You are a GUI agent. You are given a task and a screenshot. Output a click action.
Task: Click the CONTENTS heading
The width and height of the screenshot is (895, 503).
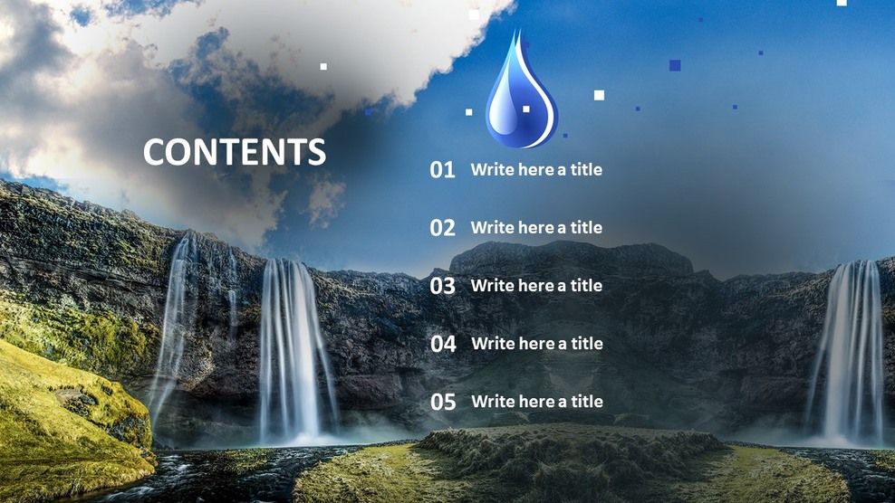pos(234,152)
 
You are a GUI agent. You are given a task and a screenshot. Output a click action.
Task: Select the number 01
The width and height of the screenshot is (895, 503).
pos(442,170)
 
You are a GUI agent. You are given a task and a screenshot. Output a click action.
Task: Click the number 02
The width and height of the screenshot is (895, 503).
pos(442,228)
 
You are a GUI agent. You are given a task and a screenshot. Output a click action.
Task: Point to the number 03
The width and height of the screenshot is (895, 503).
pos(442,286)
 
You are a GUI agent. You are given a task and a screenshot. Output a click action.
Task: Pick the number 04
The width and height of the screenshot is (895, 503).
pos(443,344)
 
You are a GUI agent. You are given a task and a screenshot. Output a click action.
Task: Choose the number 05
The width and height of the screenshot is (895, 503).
pos(443,402)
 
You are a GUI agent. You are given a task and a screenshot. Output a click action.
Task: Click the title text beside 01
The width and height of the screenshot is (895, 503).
pos(536,169)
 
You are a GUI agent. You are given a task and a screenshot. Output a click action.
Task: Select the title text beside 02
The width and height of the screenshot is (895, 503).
pos(536,227)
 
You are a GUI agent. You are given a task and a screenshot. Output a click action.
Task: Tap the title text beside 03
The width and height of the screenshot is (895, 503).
pos(536,285)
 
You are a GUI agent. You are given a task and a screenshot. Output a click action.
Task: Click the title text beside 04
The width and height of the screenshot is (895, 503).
pos(537,343)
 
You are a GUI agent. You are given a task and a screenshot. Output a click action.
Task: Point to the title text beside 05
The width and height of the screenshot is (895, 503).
pos(537,401)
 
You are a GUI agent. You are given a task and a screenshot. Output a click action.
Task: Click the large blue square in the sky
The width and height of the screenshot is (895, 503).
pos(675,65)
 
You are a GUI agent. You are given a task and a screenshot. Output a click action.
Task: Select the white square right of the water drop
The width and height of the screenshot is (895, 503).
pos(599,95)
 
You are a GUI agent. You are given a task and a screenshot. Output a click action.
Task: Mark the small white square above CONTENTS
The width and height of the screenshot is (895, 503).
pos(323,66)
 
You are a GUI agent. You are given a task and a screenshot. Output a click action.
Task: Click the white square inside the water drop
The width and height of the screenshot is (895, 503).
pos(525,109)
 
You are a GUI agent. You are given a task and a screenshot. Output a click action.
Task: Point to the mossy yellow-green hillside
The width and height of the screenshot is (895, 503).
pos(63,407)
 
